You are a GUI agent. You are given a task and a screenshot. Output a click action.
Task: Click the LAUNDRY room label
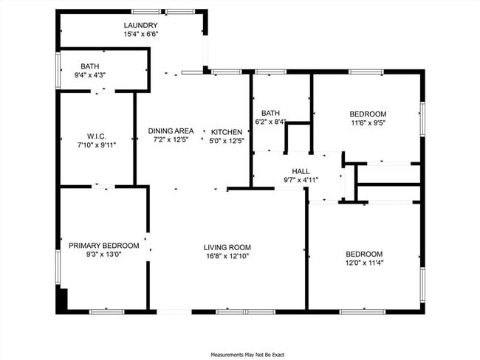[x=140, y=25]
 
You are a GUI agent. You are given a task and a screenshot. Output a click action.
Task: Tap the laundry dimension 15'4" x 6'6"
[x=140, y=34]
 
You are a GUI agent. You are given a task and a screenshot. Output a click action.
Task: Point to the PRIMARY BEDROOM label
[x=103, y=246]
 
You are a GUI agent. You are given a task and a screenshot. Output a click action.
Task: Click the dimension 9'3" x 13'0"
[x=103, y=255]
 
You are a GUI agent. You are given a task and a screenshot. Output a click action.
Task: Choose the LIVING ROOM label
[x=227, y=247]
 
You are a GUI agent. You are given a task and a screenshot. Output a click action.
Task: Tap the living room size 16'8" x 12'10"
[x=227, y=257]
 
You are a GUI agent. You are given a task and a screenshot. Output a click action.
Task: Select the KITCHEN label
[x=227, y=131]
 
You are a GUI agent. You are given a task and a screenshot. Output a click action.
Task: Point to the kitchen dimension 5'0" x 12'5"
[x=227, y=140]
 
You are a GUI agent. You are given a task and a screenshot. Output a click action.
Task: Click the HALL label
[x=301, y=170]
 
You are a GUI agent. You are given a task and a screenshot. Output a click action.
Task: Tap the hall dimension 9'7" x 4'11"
[x=301, y=179]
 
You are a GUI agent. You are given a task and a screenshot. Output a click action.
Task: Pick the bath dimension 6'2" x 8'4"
[x=270, y=122]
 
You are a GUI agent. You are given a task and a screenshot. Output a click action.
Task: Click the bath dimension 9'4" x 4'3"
[x=90, y=75]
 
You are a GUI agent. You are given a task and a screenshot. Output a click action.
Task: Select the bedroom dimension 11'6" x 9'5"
[x=368, y=123]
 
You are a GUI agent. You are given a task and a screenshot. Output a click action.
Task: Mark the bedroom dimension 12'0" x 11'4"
[x=364, y=262]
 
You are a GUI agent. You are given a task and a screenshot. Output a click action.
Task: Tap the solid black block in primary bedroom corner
[x=63, y=300]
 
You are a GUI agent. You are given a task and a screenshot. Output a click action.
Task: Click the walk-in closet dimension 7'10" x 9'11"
[x=97, y=145]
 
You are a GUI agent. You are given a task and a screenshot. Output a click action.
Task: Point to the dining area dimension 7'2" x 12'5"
[x=171, y=139]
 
